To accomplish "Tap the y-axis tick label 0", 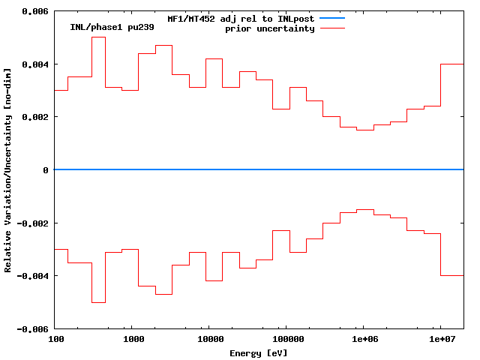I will point(46,170).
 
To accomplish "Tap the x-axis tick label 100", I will point(55,340).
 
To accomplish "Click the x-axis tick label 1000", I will point(133,340).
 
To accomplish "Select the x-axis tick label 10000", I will point(210,340).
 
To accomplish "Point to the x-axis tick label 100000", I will point(287,340).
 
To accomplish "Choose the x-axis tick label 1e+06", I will point(364,340).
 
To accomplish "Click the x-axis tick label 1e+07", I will point(441,340).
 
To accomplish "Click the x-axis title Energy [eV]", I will point(259,352).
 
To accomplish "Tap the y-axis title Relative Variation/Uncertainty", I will point(8,170).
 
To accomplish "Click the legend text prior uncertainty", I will point(270,28).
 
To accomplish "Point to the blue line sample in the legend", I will point(331,18).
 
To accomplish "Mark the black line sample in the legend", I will point(331,28).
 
